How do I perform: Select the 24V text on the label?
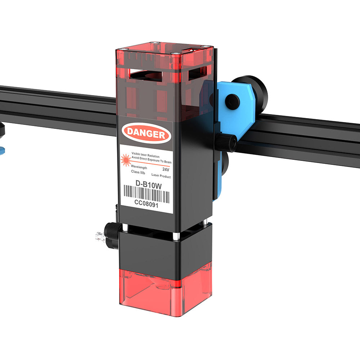coord(166,168)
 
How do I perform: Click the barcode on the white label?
coord(146,194)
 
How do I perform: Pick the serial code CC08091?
coord(146,203)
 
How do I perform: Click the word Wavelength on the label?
coord(139,167)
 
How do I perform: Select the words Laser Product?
coord(161,176)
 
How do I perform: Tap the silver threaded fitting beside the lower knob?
coord(100,237)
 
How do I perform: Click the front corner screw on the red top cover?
coord(175,54)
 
